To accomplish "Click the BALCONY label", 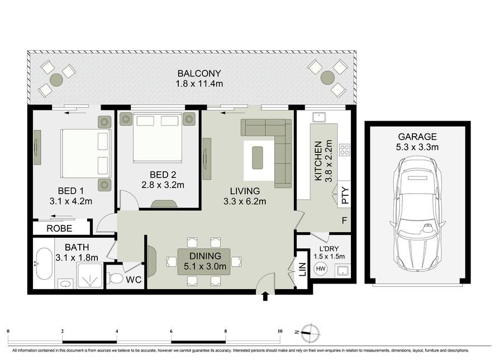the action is [x=199, y=74].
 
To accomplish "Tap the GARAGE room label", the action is [x=417, y=137].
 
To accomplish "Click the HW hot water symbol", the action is [x=321, y=268].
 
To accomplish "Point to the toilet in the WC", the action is [x=116, y=279].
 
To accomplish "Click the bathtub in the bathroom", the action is [x=44, y=264].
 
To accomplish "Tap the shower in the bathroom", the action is [x=90, y=276].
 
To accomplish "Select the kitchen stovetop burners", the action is [x=344, y=150].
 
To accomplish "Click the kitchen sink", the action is [x=319, y=117].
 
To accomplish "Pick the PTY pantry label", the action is [x=345, y=195].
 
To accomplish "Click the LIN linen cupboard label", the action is [x=302, y=270].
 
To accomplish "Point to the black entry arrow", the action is [x=265, y=296].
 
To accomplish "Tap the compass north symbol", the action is [x=309, y=333].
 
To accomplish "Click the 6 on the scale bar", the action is [x=172, y=332].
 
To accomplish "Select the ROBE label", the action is [x=59, y=228].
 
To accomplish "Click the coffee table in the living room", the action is [x=258, y=158].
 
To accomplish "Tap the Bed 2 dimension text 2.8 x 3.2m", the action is [x=163, y=185].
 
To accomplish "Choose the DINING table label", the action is [x=205, y=256].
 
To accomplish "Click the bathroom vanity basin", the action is [x=66, y=284].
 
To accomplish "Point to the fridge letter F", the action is [x=344, y=220].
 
